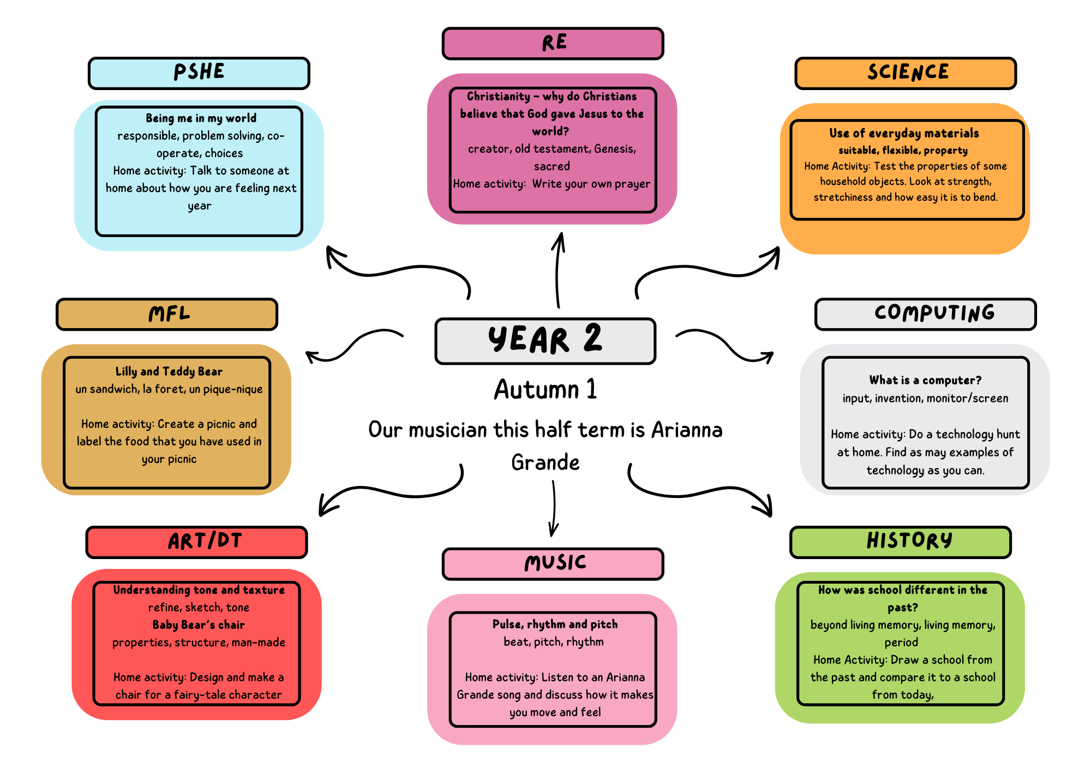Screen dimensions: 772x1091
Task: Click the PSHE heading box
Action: pos(199,73)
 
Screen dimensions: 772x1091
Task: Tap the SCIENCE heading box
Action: pos(906,73)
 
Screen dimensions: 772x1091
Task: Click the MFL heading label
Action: pos(167,314)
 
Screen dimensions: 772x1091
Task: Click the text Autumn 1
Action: pos(545,390)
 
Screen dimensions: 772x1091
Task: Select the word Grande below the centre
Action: pos(545,462)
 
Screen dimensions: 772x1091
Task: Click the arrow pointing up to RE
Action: pos(558,270)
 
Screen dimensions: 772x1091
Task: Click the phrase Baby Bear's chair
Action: pos(199,625)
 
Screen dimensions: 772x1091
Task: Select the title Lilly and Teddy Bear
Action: pos(169,372)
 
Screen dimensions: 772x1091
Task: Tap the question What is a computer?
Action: pos(925,381)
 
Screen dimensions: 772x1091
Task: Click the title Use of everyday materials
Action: pos(904,134)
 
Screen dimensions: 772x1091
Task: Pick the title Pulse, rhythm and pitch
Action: pos(555,625)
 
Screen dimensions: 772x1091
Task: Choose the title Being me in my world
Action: pos(201,118)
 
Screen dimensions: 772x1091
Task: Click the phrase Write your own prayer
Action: pos(591,184)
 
